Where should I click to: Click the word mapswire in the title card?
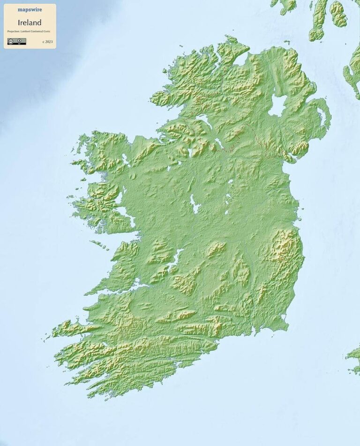(x=30, y=9)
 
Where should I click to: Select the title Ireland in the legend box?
(x=30, y=23)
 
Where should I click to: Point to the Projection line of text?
(x=29, y=31)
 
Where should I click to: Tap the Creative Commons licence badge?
(x=16, y=41)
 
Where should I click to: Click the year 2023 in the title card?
(x=48, y=42)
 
